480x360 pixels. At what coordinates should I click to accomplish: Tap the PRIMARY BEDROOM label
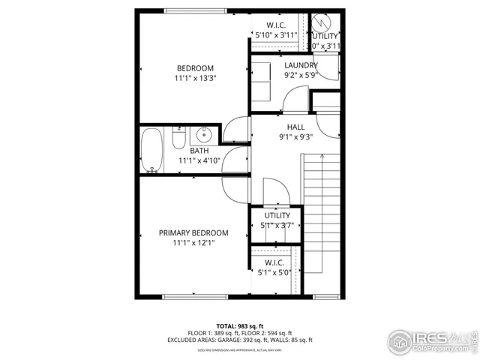193,232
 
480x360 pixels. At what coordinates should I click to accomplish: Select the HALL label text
295,127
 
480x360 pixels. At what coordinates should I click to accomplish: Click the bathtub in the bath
151,150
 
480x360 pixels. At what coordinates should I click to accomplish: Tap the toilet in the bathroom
178,139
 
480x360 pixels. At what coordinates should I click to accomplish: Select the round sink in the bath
202,136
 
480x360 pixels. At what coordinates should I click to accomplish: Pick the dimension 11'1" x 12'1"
193,243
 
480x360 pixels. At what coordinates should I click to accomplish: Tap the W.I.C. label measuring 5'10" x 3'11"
276,25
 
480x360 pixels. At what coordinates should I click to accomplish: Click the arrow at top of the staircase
322,157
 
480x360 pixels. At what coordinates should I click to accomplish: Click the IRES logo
430,340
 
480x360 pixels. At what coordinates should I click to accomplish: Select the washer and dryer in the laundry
263,81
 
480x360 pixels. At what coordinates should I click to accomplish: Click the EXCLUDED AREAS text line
239,340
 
